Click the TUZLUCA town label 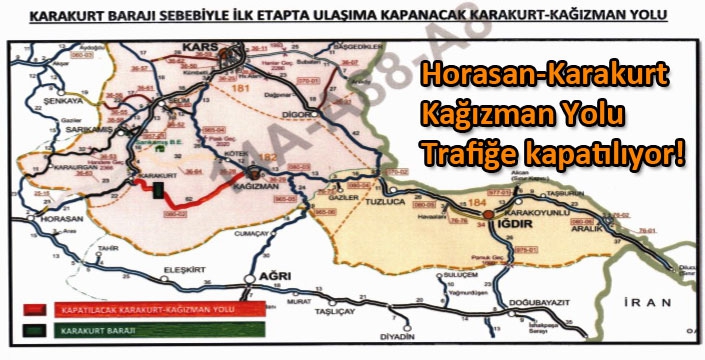point(389,196)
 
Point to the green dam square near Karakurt point(157,191)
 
